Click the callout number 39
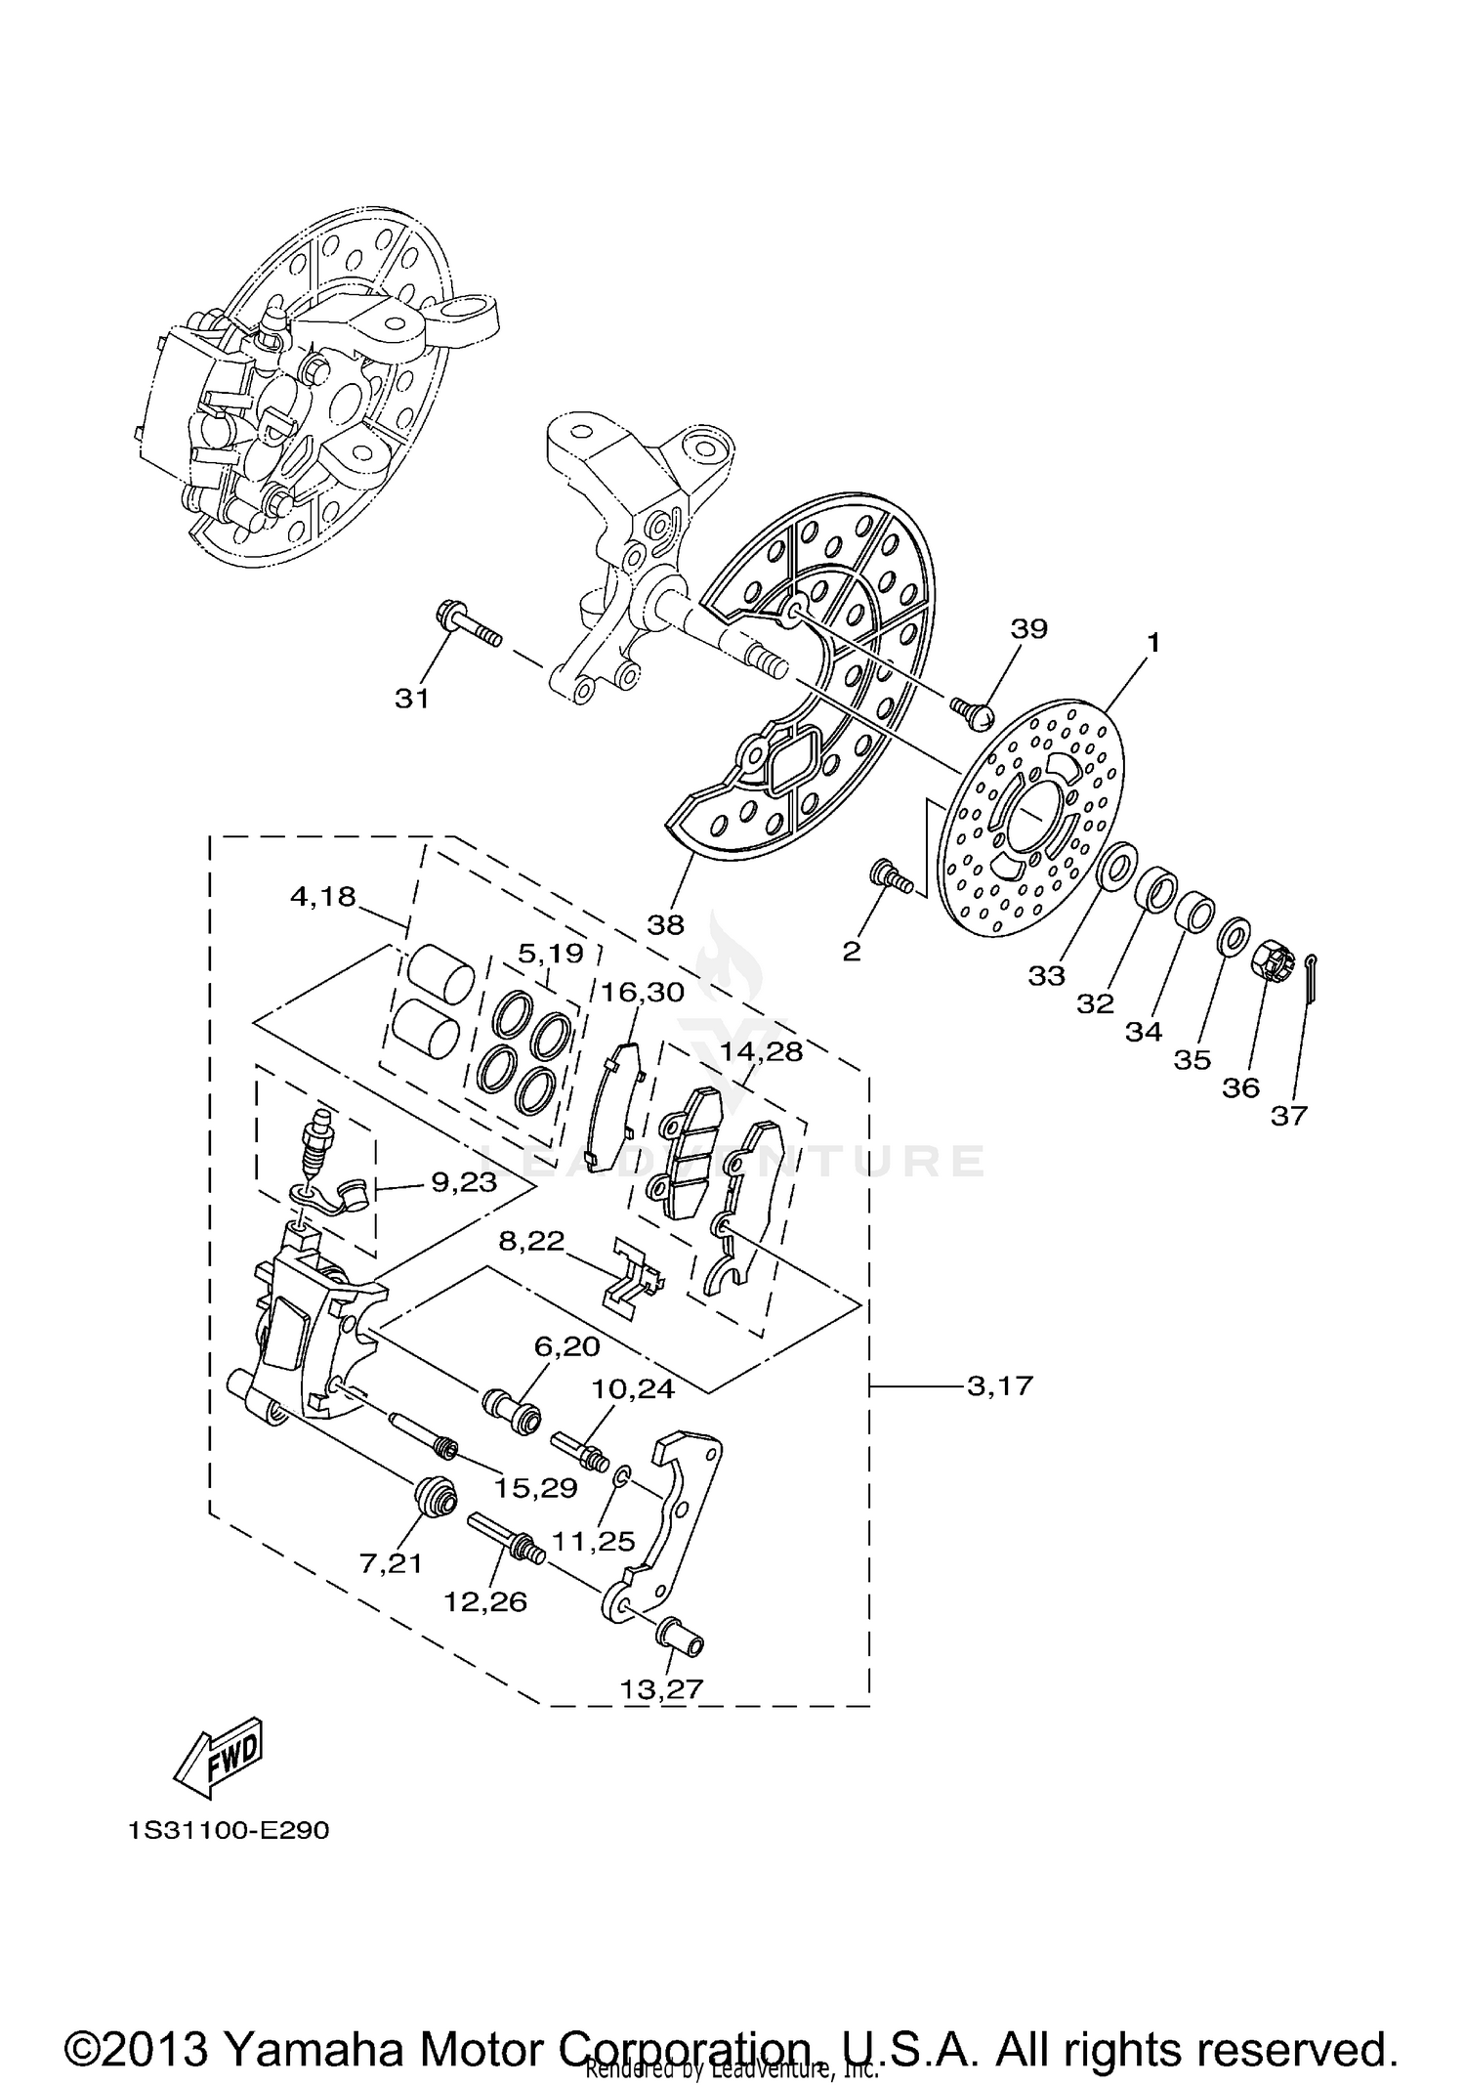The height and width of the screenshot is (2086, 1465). click(1028, 628)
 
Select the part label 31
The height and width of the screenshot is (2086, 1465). click(411, 700)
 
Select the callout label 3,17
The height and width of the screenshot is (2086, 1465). click(999, 1385)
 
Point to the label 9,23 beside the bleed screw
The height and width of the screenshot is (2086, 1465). click(464, 1183)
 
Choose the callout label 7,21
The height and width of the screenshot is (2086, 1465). click(391, 1563)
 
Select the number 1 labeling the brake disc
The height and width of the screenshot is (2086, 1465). click(1152, 643)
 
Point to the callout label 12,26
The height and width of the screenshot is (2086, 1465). click(485, 1601)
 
